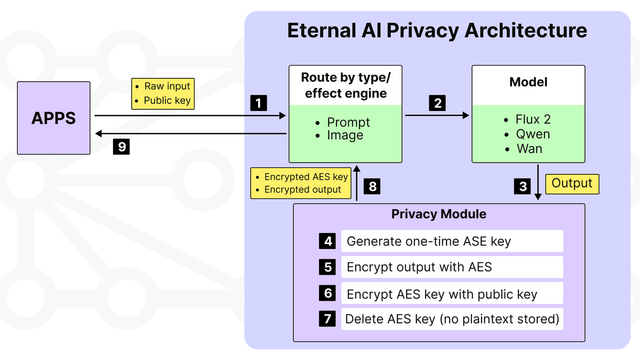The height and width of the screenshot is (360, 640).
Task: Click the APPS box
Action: coord(53,118)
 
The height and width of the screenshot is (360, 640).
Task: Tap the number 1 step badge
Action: coord(259,103)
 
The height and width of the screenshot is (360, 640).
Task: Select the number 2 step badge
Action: coord(437,103)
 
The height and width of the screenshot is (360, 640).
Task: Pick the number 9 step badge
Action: coord(122,147)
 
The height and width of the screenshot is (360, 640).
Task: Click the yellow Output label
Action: coord(572,183)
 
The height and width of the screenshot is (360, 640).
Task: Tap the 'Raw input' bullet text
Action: coord(167,86)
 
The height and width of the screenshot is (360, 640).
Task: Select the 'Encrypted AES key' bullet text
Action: coord(306,177)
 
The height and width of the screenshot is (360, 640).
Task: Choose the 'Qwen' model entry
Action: coord(532,134)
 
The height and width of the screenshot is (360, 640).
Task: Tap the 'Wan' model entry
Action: coord(529,149)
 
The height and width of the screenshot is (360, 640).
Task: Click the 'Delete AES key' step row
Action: coord(452,319)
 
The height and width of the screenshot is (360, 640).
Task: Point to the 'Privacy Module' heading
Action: coord(438,214)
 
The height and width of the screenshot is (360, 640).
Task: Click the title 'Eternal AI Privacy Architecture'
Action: coord(437,30)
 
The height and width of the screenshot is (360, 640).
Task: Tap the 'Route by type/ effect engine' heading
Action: coord(345,85)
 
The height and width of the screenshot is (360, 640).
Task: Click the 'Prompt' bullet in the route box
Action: coord(348,122)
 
